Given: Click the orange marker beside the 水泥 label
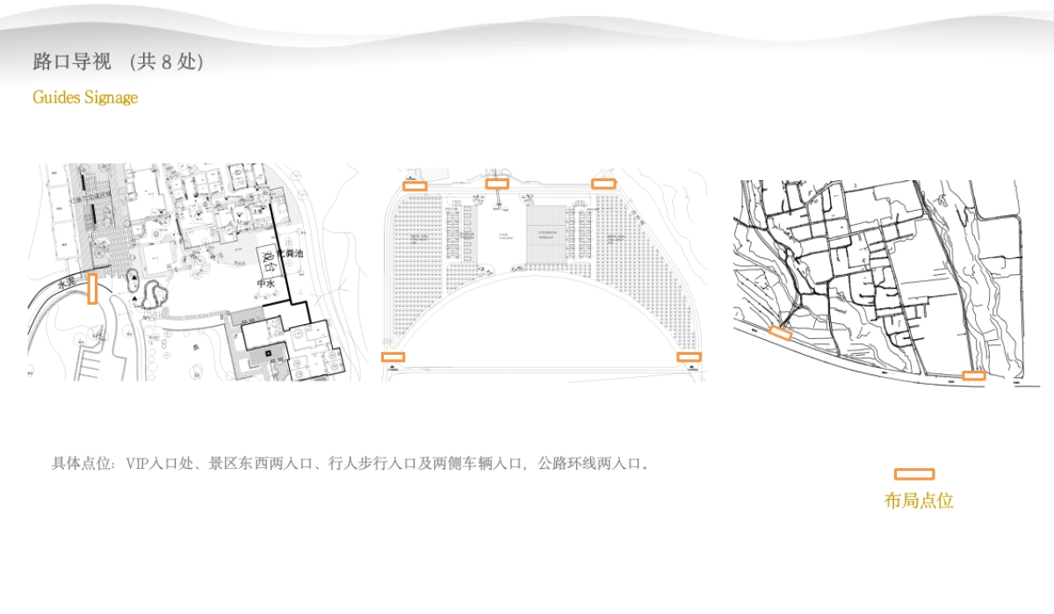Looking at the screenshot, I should pos(92,289).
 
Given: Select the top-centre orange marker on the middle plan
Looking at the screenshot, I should pos(497,184).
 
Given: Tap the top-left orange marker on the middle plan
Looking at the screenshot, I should pos(415,185).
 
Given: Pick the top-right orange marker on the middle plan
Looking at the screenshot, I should pos(603,184).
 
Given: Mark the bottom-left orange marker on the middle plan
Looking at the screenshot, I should pos(393,357).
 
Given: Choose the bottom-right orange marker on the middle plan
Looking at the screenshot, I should pos(689,357).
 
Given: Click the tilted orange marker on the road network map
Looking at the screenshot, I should pos(780,332).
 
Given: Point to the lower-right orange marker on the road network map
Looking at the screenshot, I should pos(973,375).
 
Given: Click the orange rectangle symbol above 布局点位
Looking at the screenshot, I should pos(913,474).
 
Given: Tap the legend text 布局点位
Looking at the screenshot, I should pos(919,501).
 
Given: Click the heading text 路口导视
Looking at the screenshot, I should pos(72,62).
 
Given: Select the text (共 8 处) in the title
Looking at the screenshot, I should pos(166,62).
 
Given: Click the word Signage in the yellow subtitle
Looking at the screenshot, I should pos(111,97).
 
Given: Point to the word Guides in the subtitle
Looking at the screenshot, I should pos(56,97).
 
